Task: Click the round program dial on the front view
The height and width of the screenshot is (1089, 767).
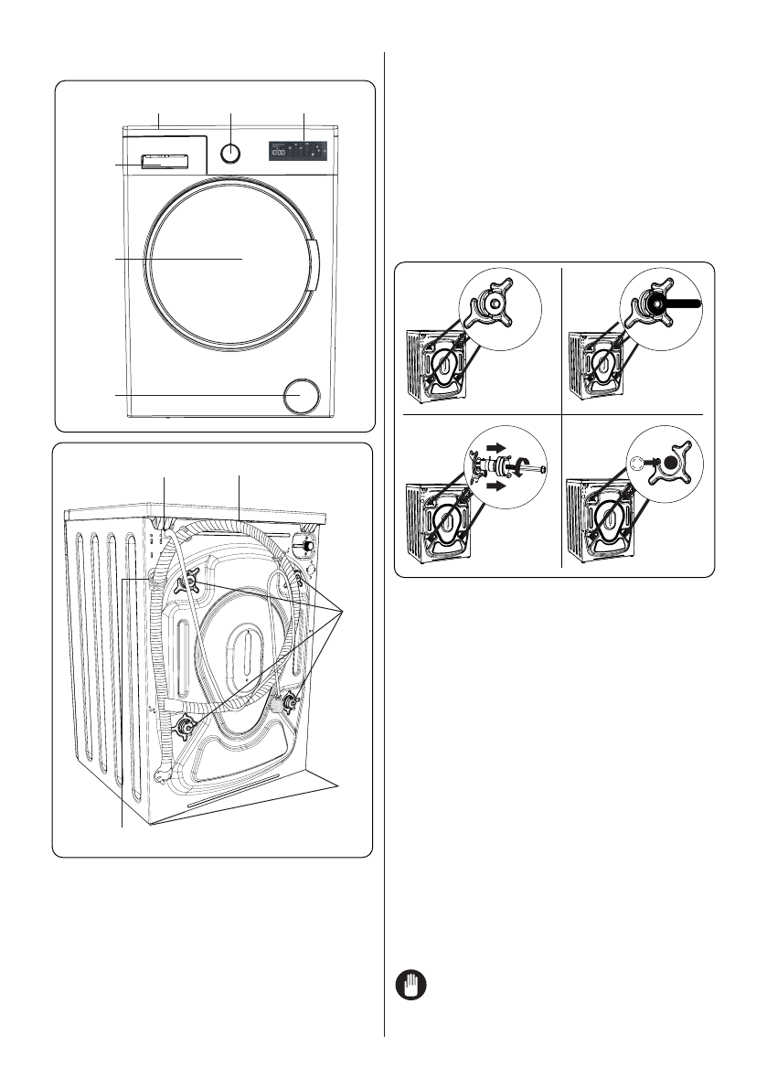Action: pos(232,153)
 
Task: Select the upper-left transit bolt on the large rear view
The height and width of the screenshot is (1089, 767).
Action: pos(195,579)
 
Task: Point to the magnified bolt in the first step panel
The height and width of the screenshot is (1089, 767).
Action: pos(495,304)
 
